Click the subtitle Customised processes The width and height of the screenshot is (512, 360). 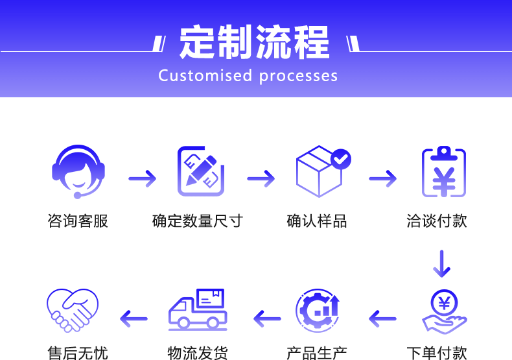point(248,76)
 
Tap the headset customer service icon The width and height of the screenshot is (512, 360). point(78,171)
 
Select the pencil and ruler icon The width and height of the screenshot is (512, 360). point(201,171)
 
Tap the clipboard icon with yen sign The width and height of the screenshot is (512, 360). point(443,172)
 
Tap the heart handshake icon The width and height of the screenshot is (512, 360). point(73,310)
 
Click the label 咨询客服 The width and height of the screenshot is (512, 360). point(78,221)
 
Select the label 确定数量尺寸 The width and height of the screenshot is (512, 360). point(197,221)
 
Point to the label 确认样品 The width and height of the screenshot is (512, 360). point(316,221)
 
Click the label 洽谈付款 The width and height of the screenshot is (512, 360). point(437,221)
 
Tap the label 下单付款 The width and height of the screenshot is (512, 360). point(437,353)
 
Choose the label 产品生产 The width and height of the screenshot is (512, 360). point(316,353)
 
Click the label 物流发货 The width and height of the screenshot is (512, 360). point(197,353)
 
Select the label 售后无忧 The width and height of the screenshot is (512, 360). point(78,353)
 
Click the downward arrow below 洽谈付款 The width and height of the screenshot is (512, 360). point(442,263)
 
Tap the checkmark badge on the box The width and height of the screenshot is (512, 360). point(341,158)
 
